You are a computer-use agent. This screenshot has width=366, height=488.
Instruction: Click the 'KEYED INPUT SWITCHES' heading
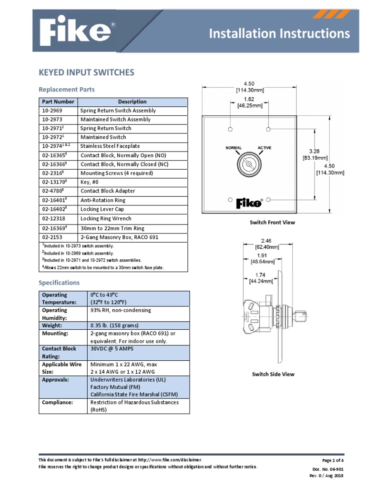[x=86, y=72]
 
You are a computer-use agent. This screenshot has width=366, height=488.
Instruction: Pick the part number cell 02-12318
[x=52, y=219]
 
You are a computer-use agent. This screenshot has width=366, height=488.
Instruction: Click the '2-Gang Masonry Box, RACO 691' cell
[x=120, y=237]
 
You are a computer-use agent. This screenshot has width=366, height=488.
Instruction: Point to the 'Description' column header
[x=132, y=102]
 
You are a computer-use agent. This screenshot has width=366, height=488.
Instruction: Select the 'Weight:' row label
[x=52, y=325]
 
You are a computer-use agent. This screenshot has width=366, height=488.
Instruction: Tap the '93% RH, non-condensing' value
[x=120, y=310]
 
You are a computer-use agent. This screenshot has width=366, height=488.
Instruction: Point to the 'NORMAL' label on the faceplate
[x=234, y=148]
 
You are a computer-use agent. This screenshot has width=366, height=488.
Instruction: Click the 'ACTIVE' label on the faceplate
[x=264, y=148]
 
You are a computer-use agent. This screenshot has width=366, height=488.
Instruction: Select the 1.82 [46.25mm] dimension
[x=249, y=103]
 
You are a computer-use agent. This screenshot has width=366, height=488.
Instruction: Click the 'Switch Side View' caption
[x=273, y=374]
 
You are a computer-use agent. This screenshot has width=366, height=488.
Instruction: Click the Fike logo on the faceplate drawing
[x=249, y=203]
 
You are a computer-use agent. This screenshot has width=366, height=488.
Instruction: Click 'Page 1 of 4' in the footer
[x=333, y=460]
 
